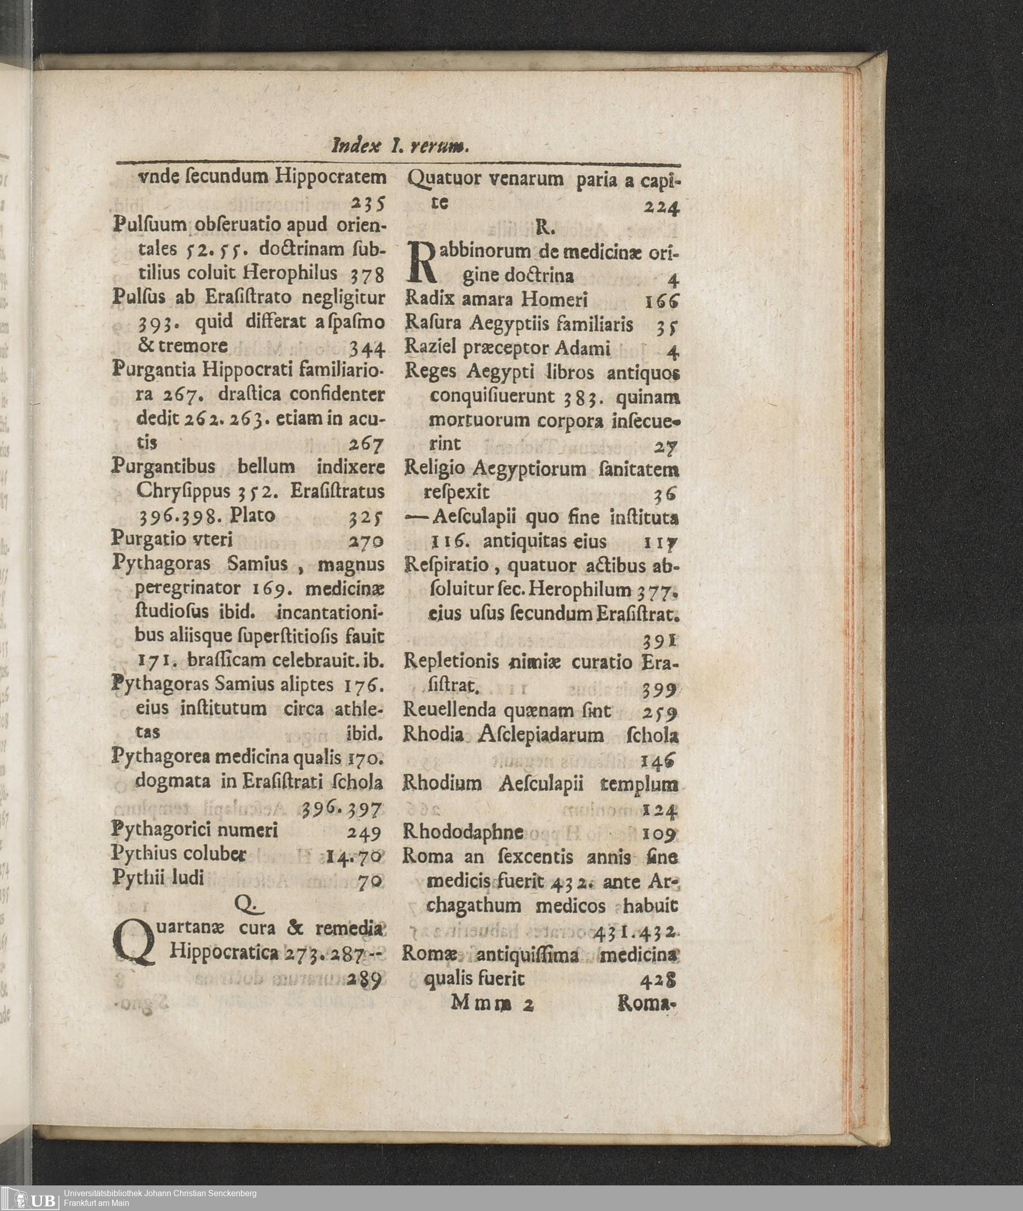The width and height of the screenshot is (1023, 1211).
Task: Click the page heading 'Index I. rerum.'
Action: [400, 147]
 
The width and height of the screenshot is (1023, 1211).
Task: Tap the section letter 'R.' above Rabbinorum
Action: [546, 229]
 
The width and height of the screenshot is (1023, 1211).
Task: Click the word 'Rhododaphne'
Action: [463, 833]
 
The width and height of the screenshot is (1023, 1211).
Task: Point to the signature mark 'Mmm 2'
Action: [492, 1004]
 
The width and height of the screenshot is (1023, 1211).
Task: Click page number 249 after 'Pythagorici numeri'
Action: [364, 833]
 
